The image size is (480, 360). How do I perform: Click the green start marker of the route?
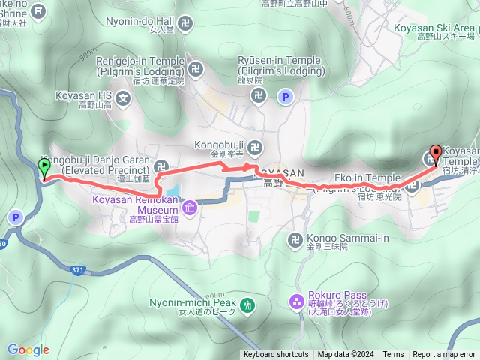pyautogui.click(x=44, y=168)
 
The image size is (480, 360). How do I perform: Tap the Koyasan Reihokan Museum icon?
pyautogui.click(x=189, y=207)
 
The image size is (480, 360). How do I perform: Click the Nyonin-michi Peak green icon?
pyautogui.click(x=248, y=304)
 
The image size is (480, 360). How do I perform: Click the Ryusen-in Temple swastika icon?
pyautogui.click(x=259, y=95)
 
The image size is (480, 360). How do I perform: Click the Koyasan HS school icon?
pyautogui.click(x=124, y=98)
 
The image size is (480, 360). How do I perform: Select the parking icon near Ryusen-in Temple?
pyautogui.click(x=284, y=96)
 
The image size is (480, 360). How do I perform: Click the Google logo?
pyautogui.click(x=28, y=349)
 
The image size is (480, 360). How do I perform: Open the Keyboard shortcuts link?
pyautogui.click(x=275, y=354)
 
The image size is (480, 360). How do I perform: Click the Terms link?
pyautogui.click(x=393, y=354)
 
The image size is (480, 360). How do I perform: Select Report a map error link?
pyautogui.click(x=443, y=354)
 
